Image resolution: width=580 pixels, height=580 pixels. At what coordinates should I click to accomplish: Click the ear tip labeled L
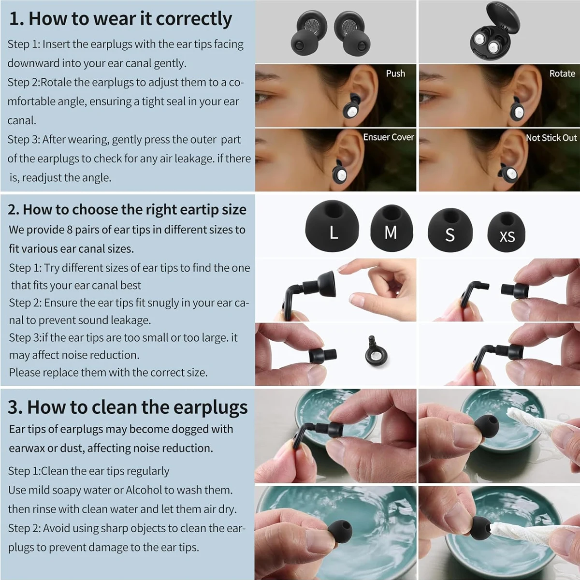[332, 225]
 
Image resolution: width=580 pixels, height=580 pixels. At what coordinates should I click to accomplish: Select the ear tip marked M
[391, 228]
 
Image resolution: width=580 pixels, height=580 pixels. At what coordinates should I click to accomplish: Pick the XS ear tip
[506, 232]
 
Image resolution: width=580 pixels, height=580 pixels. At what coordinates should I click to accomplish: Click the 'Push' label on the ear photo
[395, 73]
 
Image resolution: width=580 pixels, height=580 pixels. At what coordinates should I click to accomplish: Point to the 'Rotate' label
[562, 73]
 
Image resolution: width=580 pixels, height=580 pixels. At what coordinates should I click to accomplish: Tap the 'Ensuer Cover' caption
[389, 137]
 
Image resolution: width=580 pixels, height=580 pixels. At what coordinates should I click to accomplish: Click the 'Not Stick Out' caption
[551, 138]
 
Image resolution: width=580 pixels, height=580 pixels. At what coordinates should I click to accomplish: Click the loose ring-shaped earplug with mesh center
[376, 351]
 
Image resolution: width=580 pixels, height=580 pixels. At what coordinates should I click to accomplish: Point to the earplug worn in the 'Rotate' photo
[517, 109]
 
